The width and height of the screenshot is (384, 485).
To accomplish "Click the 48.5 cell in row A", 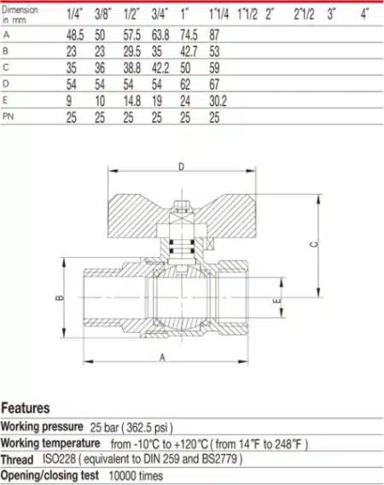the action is [x=75, y=35].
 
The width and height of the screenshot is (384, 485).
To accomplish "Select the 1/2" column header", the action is [x=131, y=15].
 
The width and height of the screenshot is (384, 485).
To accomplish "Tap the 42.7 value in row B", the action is [x=189, y=51].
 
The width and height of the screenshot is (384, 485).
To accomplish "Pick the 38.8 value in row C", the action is [x=132, y=67].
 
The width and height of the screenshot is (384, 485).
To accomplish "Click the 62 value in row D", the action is [x=185, y=85].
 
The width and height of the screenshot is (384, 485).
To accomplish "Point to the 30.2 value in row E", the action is [x=218, y=101].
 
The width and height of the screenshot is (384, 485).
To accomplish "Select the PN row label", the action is [x=8, y=117].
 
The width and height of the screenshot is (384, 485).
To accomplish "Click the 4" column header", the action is [x=365, y=14].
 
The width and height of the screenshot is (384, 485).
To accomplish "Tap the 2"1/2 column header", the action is [x=304, y=15].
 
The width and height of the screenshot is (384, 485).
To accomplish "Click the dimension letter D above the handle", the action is [x=182, y=167].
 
